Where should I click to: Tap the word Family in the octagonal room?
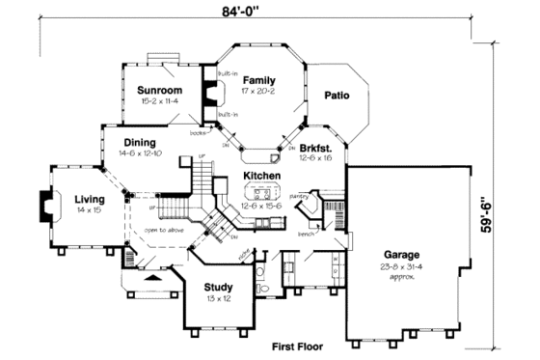click(258, 80)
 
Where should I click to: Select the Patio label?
click(335, 95)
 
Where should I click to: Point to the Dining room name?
click(140, 142)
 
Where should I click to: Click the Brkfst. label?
click(314, 148)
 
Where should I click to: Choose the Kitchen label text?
click(260, 176)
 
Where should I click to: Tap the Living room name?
click(90, 200)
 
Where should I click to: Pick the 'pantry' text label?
click(299, 196)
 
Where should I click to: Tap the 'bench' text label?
click(306, 234)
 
